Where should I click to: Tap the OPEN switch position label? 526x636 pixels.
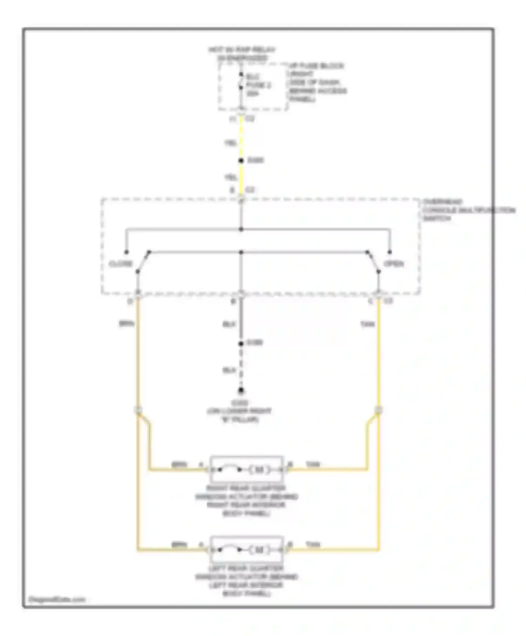tap(394, 264)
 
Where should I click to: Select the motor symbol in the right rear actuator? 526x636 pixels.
tap(259, 469)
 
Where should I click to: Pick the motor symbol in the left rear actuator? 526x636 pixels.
tap(259, 550)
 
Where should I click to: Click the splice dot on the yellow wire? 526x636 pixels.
tap(241, 161)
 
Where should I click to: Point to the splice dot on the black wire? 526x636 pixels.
tap(241, 344)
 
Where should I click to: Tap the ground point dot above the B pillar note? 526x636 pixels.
tap(241, 391)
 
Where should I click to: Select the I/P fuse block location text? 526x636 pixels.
tap(317, 82)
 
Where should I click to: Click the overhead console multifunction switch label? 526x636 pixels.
tap(468, 210)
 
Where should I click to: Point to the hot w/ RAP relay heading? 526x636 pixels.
tap(242, 54)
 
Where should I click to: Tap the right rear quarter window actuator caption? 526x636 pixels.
tap(247, 501)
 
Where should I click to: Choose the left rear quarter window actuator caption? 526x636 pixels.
tap(247, 581)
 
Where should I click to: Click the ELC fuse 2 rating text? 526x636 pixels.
tap(258, 85)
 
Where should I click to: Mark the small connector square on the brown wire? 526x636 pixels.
tap(138, 410)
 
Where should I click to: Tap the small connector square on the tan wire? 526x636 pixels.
tap(378, 410)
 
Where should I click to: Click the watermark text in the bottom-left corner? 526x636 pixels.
tap(56, 600)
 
